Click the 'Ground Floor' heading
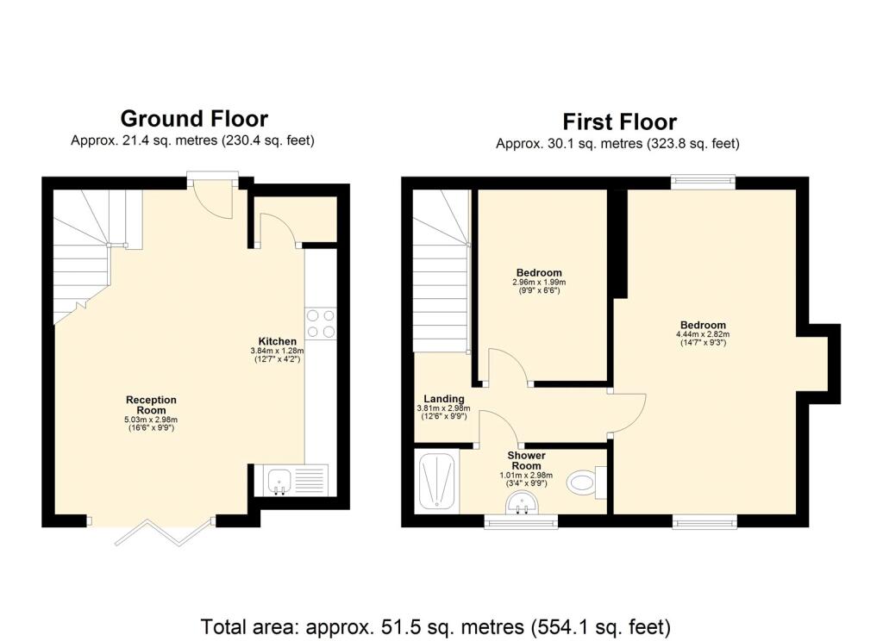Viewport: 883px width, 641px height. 193,118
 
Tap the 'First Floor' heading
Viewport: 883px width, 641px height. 619,121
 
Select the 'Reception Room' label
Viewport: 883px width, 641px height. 151,405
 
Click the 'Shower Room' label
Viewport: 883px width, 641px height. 525,460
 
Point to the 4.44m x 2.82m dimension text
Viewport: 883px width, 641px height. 702,334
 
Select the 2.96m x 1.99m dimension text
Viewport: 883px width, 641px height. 540,282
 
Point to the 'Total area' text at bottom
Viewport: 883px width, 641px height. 435,626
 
